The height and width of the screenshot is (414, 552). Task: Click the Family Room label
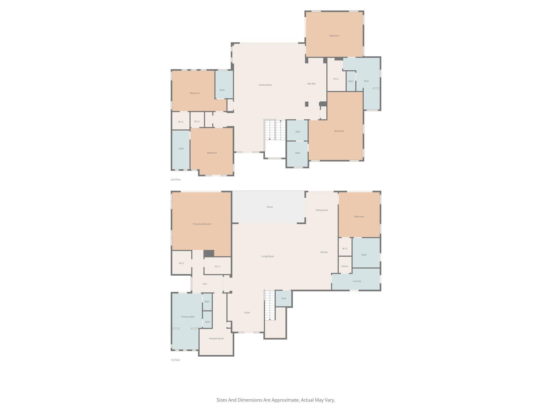point(265,85)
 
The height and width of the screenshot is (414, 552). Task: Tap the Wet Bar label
point(311,84)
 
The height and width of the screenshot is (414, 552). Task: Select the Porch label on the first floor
point(270,207)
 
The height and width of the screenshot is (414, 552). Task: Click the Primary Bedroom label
point(202,224)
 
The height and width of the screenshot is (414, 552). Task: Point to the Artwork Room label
point(216,339)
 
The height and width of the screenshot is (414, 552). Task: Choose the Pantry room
point(345,266)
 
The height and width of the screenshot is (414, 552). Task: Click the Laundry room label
point(357,281)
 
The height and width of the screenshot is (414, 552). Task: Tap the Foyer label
point(247,312)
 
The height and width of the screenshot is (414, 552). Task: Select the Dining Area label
point(322,210)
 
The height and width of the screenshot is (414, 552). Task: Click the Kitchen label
point(324,252)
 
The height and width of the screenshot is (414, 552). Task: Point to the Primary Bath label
point(188,317)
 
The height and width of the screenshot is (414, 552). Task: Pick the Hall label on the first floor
point(205,284)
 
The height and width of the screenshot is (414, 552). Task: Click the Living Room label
point(267,256)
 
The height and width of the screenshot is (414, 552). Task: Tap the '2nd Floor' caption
point(176,180)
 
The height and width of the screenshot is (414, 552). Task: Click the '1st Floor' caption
point(175,360)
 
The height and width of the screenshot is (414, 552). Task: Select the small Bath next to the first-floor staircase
point(284,298)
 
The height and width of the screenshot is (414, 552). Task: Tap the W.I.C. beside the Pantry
point(345,249)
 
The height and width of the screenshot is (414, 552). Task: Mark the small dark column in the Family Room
point(306,104)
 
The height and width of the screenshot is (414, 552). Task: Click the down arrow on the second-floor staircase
point(270,139)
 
